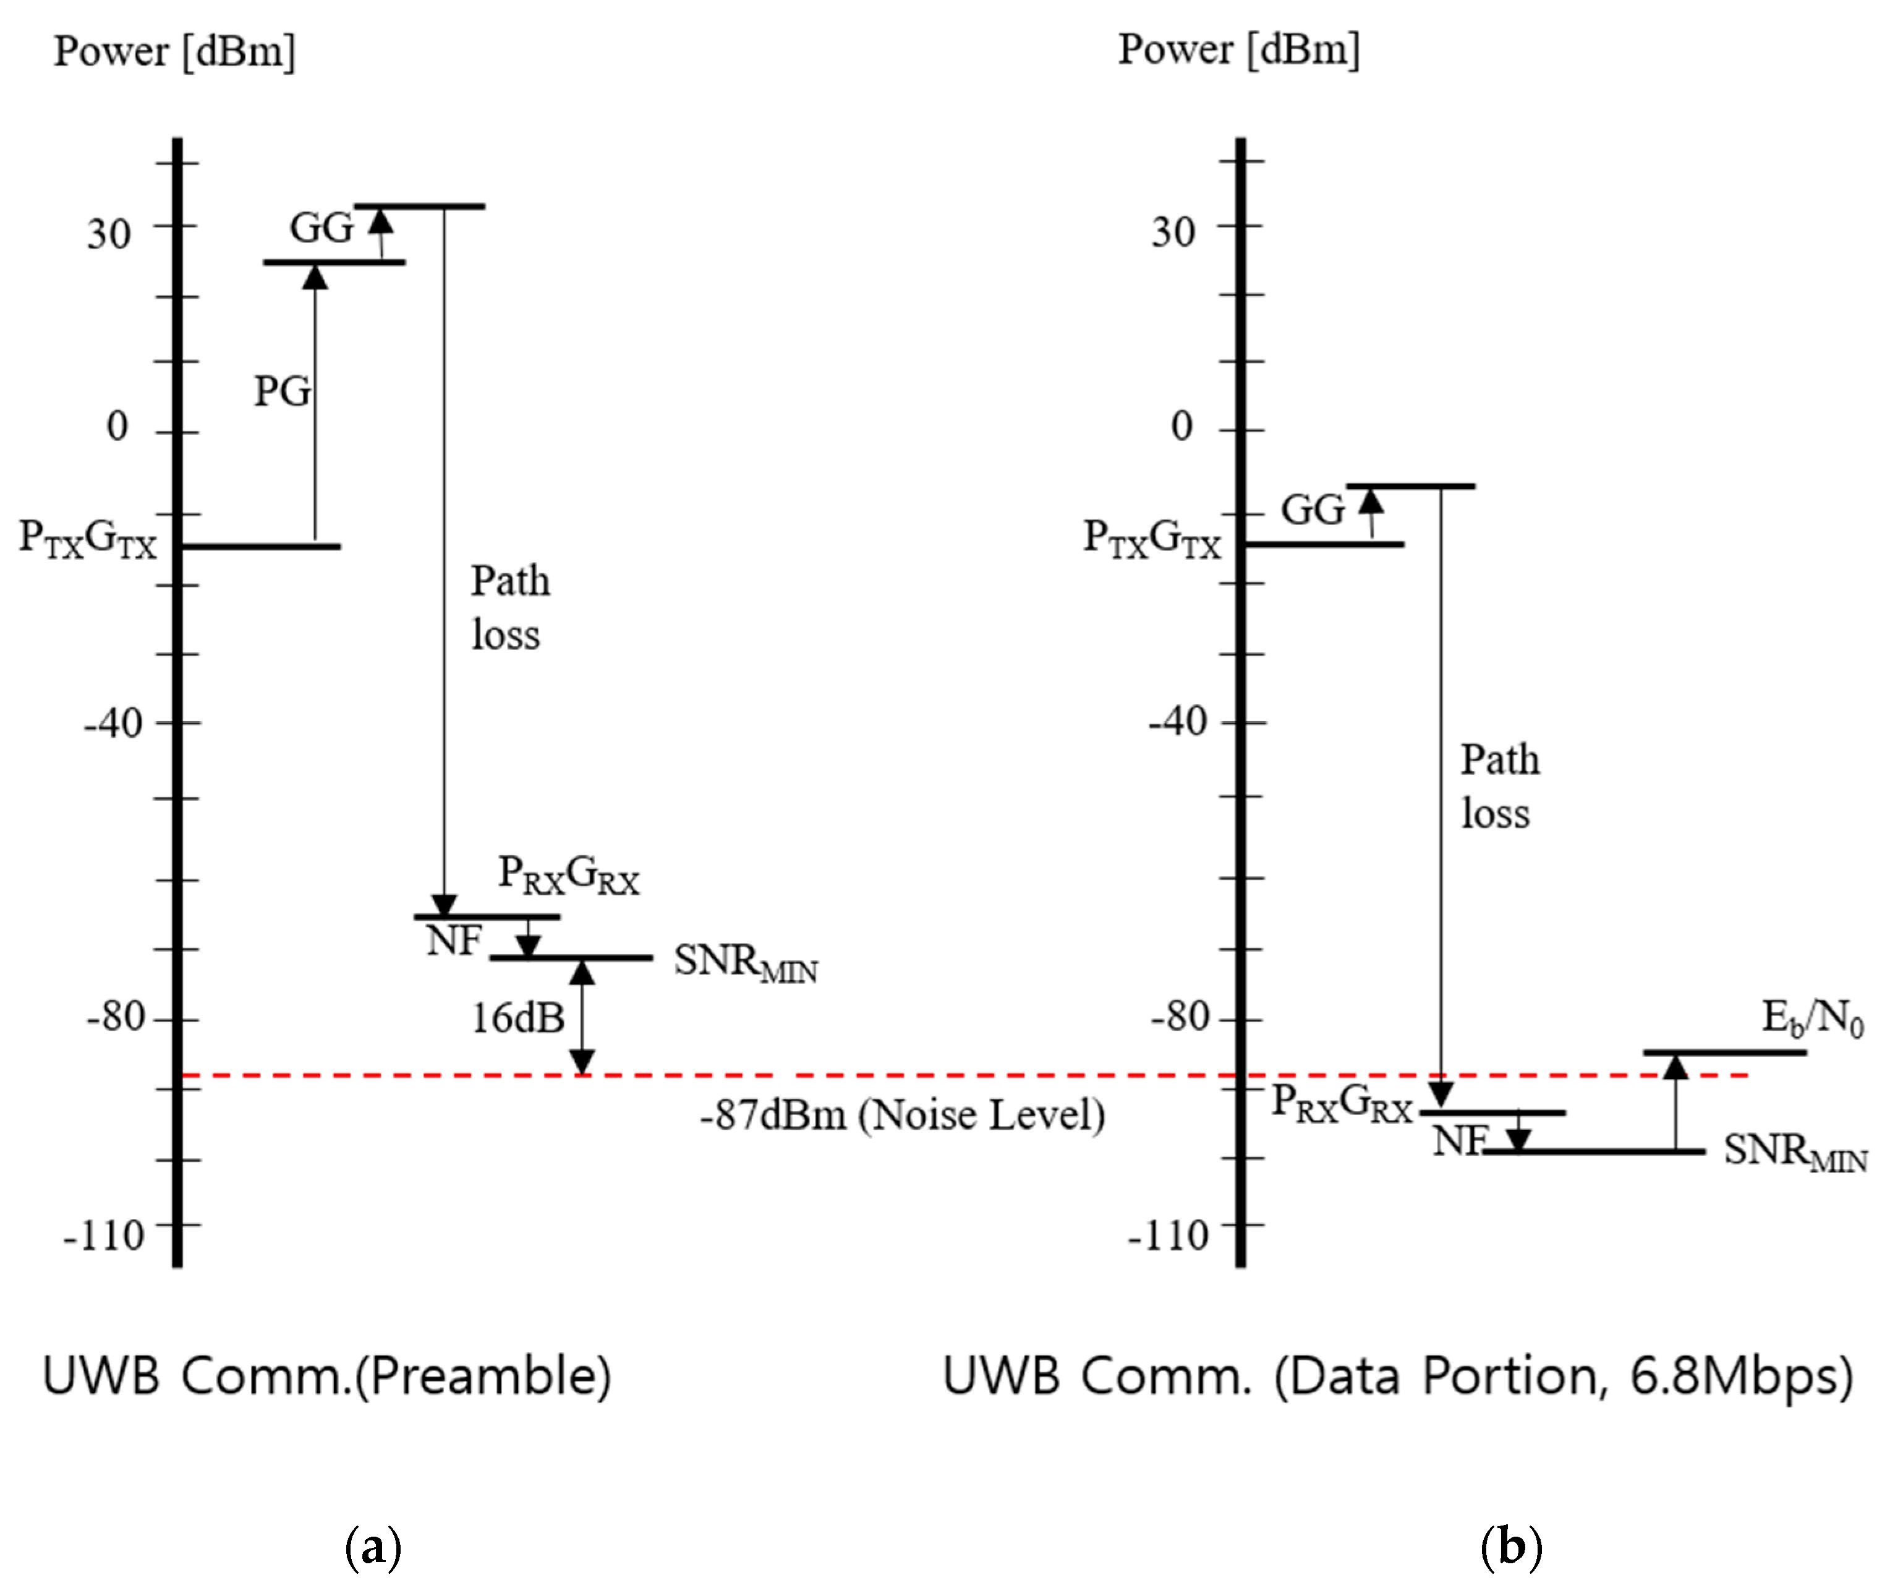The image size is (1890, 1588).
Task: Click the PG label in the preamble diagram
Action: (282, 391)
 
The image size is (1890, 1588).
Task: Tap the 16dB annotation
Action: (517, 1018)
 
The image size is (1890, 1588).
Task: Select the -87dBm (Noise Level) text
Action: (902, 1116)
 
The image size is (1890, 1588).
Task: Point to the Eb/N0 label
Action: (1811, 1018)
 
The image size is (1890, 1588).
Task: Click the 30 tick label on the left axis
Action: (108, 234)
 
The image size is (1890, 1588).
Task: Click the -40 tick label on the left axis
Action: (113, 723)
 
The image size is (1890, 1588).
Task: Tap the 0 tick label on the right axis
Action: (1181, 426)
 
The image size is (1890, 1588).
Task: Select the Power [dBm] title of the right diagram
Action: (1238, 49)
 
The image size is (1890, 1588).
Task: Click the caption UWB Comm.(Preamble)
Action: (326, 1377)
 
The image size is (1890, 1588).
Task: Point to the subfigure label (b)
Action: (1511, 1547)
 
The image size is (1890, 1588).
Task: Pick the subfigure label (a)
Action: (373, 1547)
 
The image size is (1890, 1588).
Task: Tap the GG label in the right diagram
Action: (1312, 510)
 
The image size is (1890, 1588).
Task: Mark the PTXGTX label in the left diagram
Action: (87, 539)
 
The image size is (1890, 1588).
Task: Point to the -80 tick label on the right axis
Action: (1178, 1017)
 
